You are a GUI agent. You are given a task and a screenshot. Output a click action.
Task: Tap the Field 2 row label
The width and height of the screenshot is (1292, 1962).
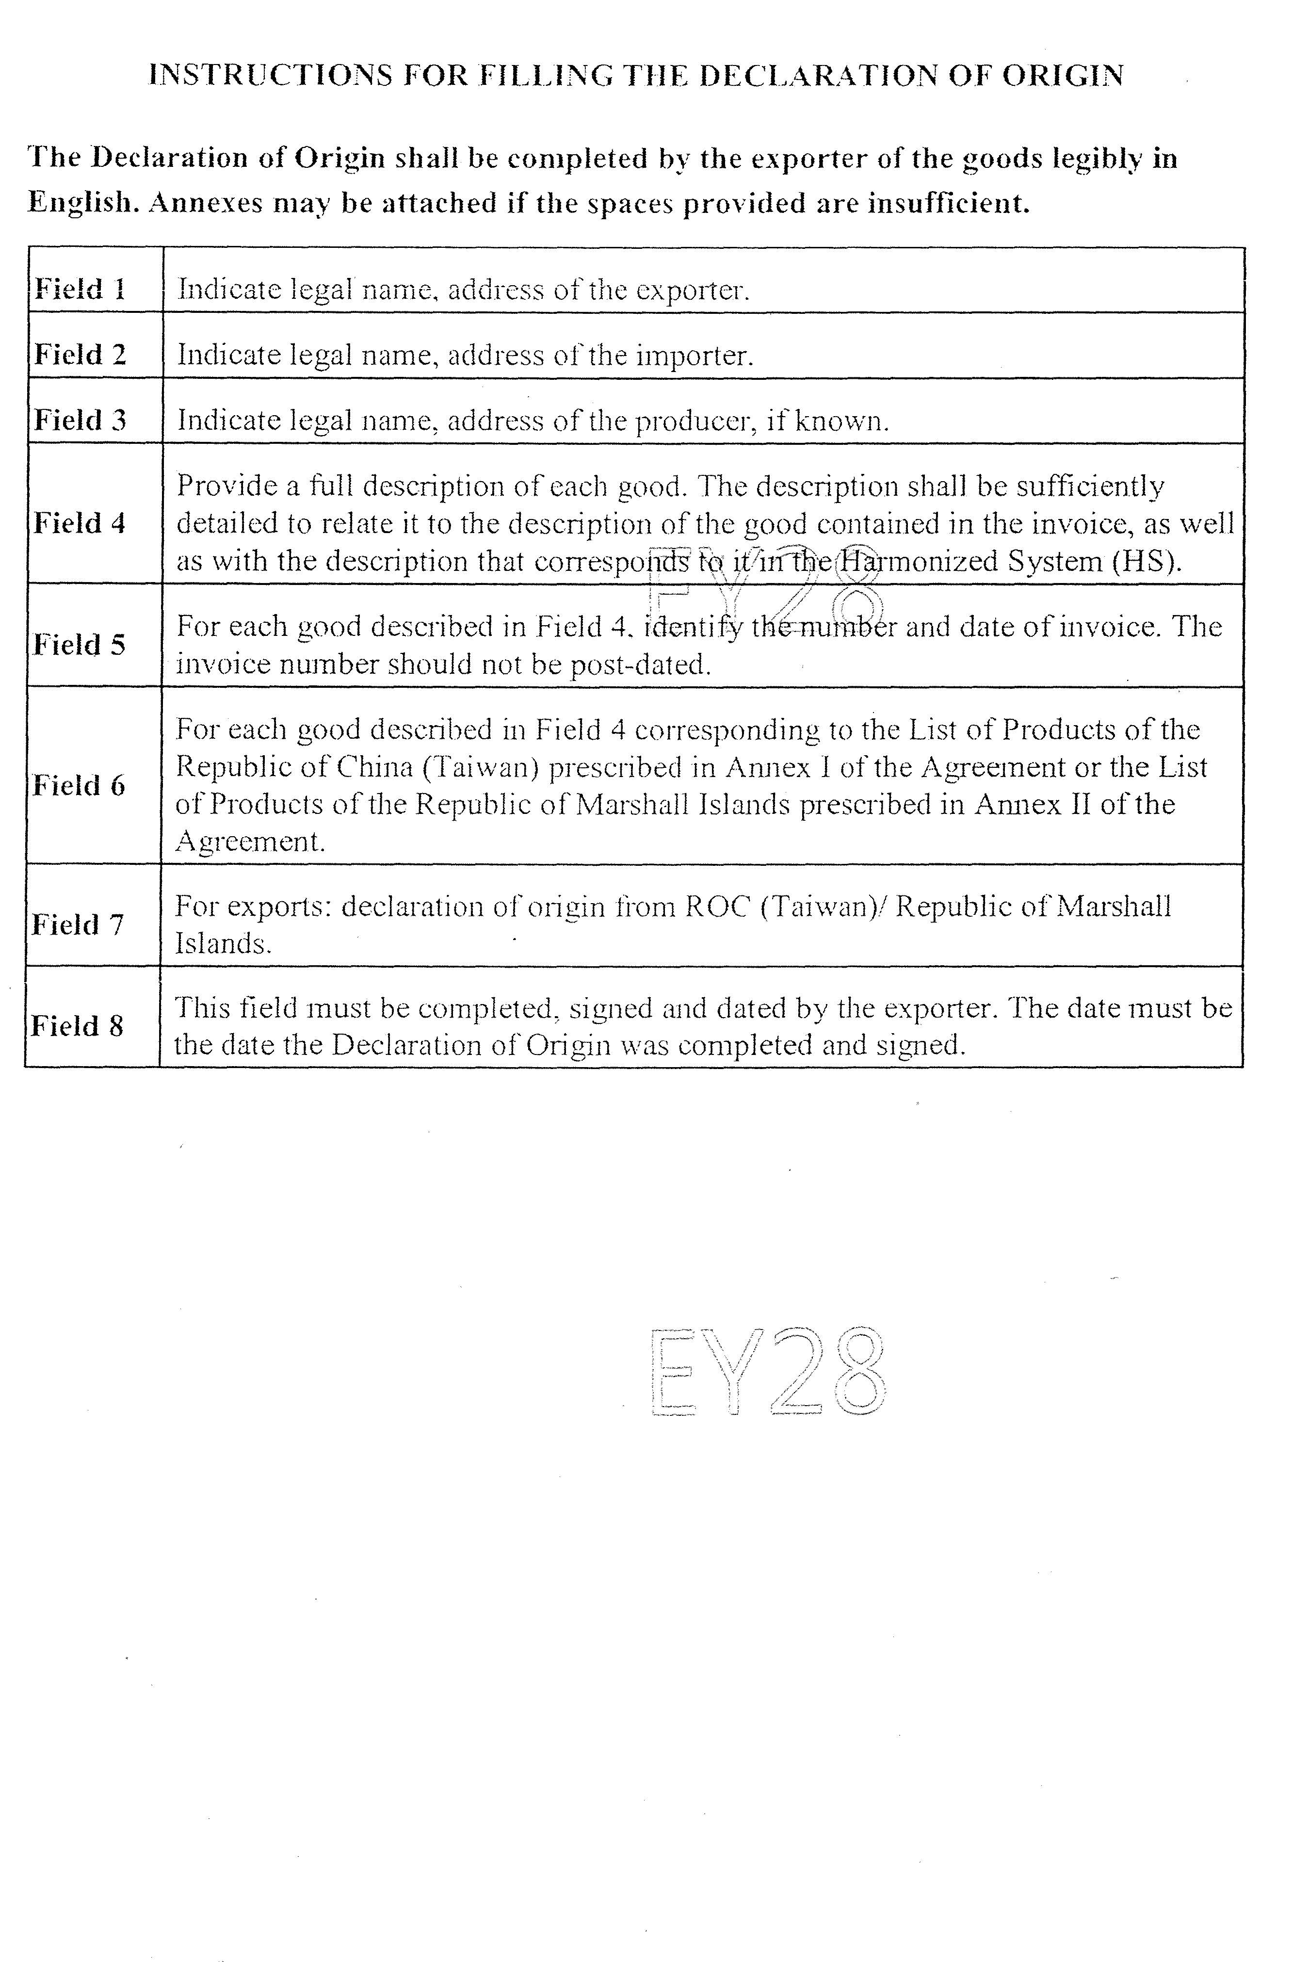point(80,355)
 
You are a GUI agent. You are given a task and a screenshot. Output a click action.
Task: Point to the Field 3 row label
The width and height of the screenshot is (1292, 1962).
point(80,421)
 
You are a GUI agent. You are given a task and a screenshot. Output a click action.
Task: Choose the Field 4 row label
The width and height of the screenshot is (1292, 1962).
point(79,523)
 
